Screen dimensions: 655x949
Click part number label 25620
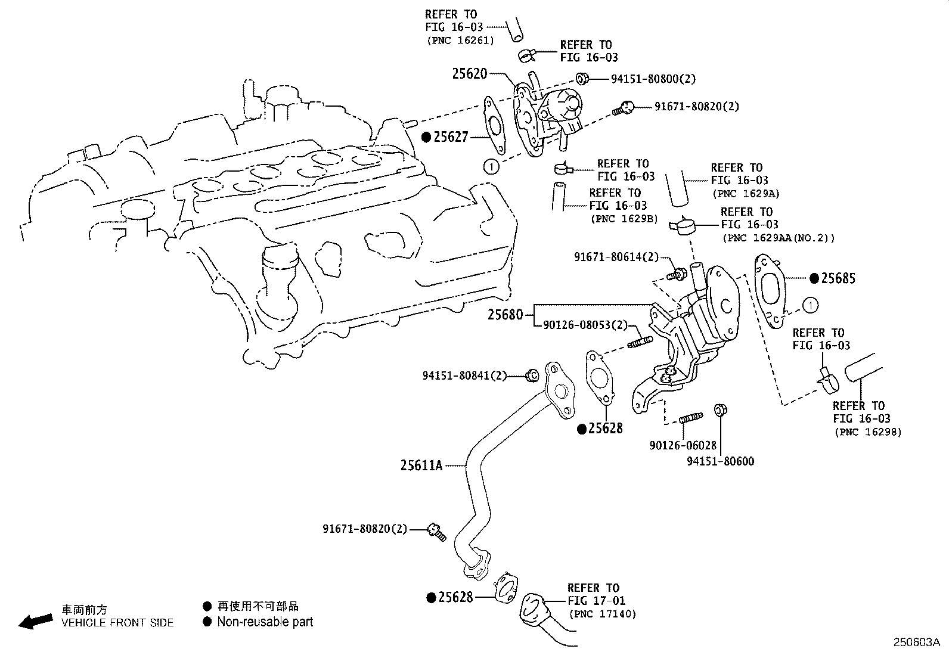pos(470,74)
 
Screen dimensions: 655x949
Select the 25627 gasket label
pos(451,137)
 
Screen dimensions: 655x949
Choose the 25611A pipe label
pos(421,465)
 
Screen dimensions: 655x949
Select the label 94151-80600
pos(720,461)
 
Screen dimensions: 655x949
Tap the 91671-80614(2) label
pos(616,257)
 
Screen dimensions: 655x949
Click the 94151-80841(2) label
pos(464,375)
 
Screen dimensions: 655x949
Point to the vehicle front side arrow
pos(35,622)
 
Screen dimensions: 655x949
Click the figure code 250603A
pos(916,642)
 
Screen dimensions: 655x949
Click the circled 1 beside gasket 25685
pos(811,306)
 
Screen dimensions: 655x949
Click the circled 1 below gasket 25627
pos(491,167)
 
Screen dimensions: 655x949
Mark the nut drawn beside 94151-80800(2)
pos(582,78)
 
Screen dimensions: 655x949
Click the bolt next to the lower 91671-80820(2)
pos(436,531)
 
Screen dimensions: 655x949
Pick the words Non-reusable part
pos(265,622)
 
